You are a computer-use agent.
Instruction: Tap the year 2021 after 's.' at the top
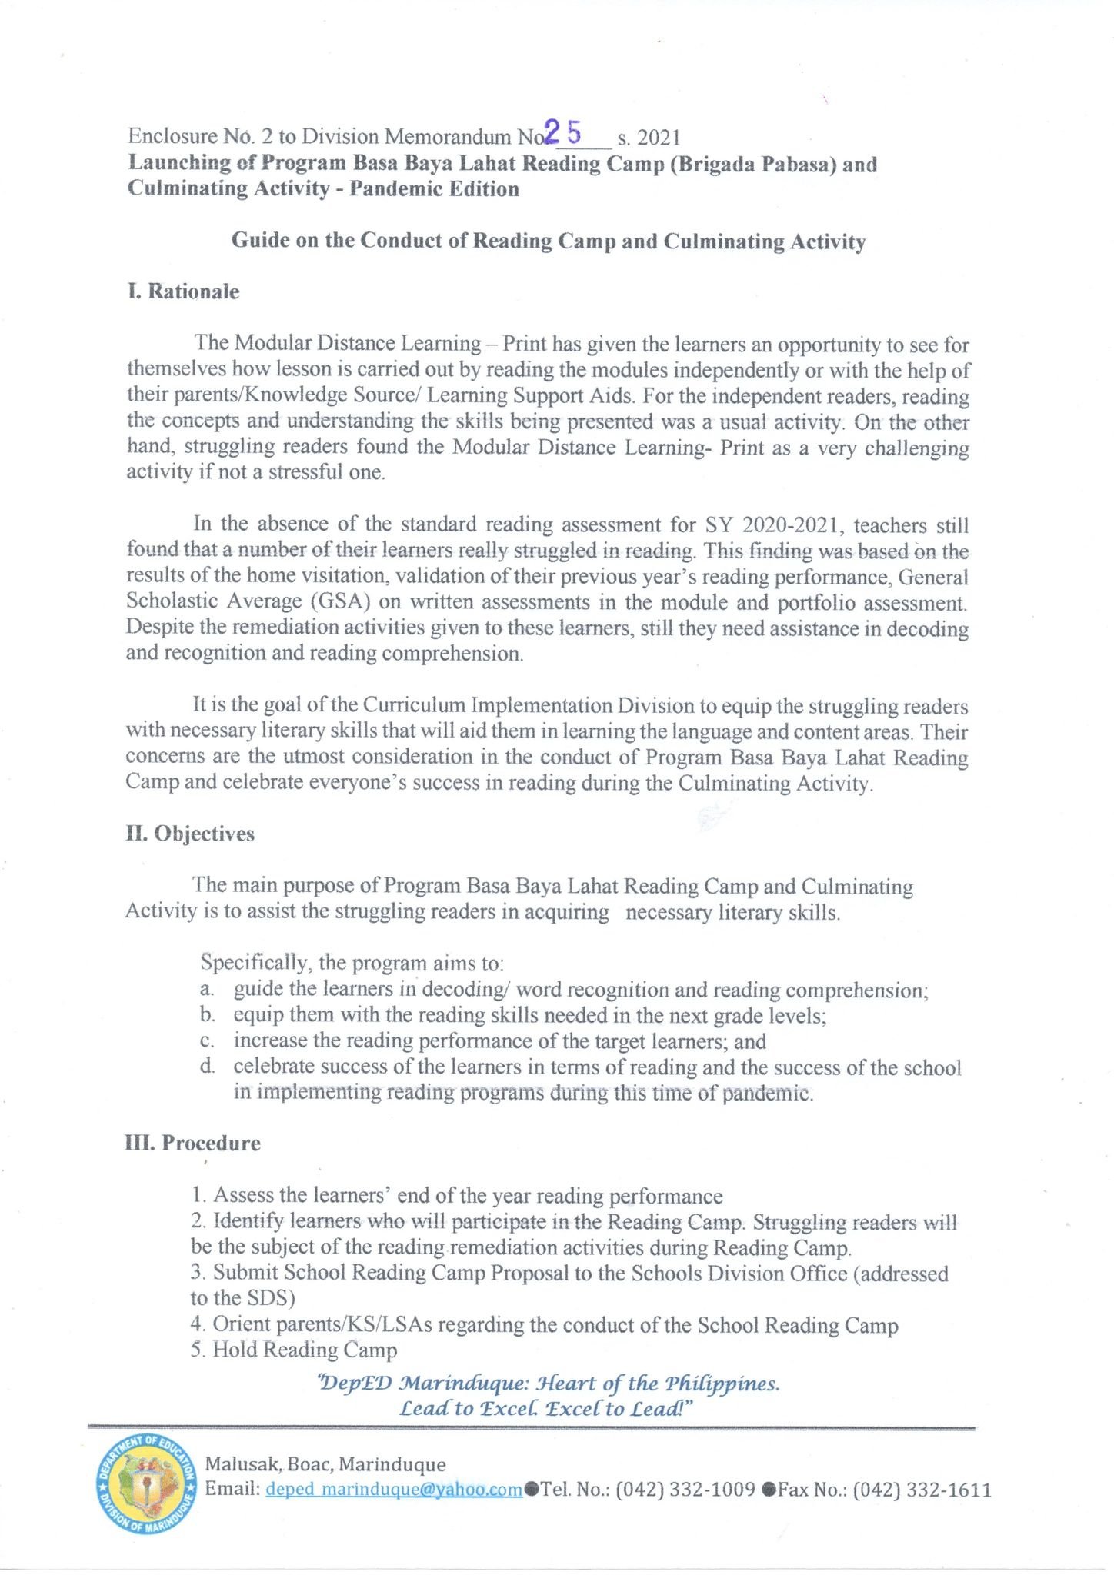point(659,138)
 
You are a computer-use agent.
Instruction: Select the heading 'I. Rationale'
point(183,291)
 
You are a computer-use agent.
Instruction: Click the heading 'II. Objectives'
point(190,834)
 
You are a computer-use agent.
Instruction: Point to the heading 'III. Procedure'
point(193,1143)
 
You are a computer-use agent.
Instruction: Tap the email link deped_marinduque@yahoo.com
point(394,1490)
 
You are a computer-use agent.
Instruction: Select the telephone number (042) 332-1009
point(685,1490)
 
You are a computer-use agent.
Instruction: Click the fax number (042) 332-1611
point(922,1490)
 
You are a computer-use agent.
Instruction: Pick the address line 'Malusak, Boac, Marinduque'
point(325,1464)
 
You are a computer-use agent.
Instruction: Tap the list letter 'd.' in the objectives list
point(206,1067)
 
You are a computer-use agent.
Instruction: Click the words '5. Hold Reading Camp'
point(294,1350)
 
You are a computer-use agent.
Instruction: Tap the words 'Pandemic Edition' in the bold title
point(435,189)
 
